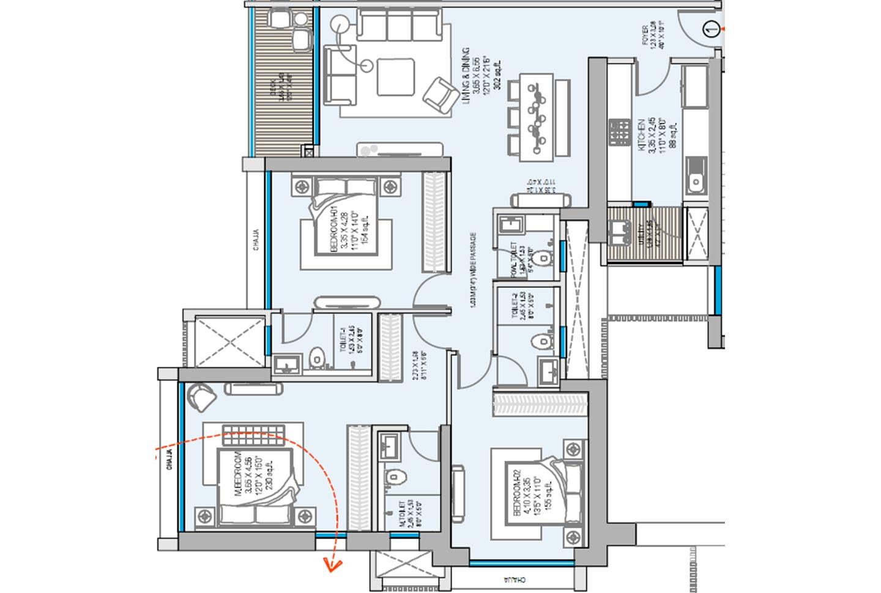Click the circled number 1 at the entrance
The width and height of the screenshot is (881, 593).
coord(710,28)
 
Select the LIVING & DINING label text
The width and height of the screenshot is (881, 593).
coord(466,78)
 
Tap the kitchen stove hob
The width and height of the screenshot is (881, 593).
coord(619,131)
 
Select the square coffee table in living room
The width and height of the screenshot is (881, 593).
coord(396,76)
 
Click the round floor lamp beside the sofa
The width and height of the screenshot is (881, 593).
coord(340,25)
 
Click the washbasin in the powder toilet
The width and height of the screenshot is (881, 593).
coord(509,226)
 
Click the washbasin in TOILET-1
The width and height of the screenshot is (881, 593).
coord(284,366)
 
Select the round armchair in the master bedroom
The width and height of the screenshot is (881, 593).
coord(201,397)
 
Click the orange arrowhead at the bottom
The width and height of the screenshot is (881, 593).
coord(332,565)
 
